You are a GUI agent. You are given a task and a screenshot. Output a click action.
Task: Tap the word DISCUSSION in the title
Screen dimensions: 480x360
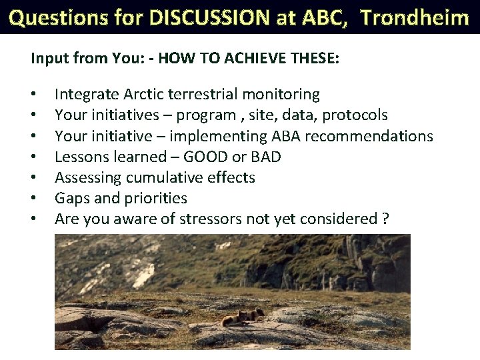(x=209, y=17)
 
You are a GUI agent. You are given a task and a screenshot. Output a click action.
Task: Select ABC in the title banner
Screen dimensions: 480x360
(x=325, y=18)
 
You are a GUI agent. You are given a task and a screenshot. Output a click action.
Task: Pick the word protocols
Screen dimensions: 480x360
(x=355, y=115)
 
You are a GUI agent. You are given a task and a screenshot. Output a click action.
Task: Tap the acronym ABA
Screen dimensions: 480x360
(x=286, y=136)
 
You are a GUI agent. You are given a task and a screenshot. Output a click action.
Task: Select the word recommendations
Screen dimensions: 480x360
(x=369, y=136)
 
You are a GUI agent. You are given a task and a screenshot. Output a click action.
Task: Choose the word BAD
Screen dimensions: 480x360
(x=266, y=157)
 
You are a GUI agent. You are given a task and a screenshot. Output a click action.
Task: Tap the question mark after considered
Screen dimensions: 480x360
(x=385, y=219)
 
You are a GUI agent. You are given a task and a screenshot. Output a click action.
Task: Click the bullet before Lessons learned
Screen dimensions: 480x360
(x=33, y=157)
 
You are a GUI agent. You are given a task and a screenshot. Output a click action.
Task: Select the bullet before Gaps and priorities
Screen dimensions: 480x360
(x=33, y=198)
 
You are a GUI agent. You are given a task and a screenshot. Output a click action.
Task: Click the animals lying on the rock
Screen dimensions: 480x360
(x=243, y=317)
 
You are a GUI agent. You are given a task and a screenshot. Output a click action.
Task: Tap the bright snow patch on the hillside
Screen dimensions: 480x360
(x=145, y=275)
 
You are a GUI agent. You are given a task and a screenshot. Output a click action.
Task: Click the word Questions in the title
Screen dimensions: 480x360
(x=59, y=18)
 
